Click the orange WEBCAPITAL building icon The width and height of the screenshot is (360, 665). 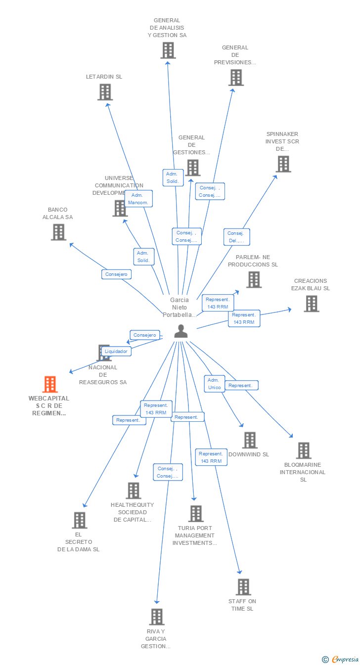click(50, 384)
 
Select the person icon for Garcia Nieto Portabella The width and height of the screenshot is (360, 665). click(181, 331)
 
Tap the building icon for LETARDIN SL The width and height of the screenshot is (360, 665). click(105, 92)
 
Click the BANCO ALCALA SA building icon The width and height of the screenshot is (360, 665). click(58, 232)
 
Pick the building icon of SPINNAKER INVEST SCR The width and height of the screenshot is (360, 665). click(283, 164)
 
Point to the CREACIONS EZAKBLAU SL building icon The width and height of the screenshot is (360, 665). click(311, 304)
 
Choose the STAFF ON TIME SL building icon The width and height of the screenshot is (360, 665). click(243, 587)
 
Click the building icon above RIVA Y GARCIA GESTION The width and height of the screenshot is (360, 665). click(157, 617)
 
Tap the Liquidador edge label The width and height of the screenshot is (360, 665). click(116, 352)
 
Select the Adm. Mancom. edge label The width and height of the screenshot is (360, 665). click(138, 199)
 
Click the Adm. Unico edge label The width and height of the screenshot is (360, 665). click(214, 384)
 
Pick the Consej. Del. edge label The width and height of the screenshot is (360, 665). click(236, 237)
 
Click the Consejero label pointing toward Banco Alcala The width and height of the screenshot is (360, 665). click(117, 274)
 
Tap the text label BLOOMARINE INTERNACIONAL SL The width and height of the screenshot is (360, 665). click(303, 472)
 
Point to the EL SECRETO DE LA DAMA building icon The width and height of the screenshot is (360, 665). click(80, 520)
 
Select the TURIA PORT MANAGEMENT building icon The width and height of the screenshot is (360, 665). click(196, 514)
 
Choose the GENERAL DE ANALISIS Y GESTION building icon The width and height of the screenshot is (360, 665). click(168, 50)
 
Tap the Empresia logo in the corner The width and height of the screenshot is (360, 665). click(341, 659)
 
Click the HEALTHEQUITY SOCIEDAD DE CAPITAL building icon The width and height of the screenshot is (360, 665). click(133, 490)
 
